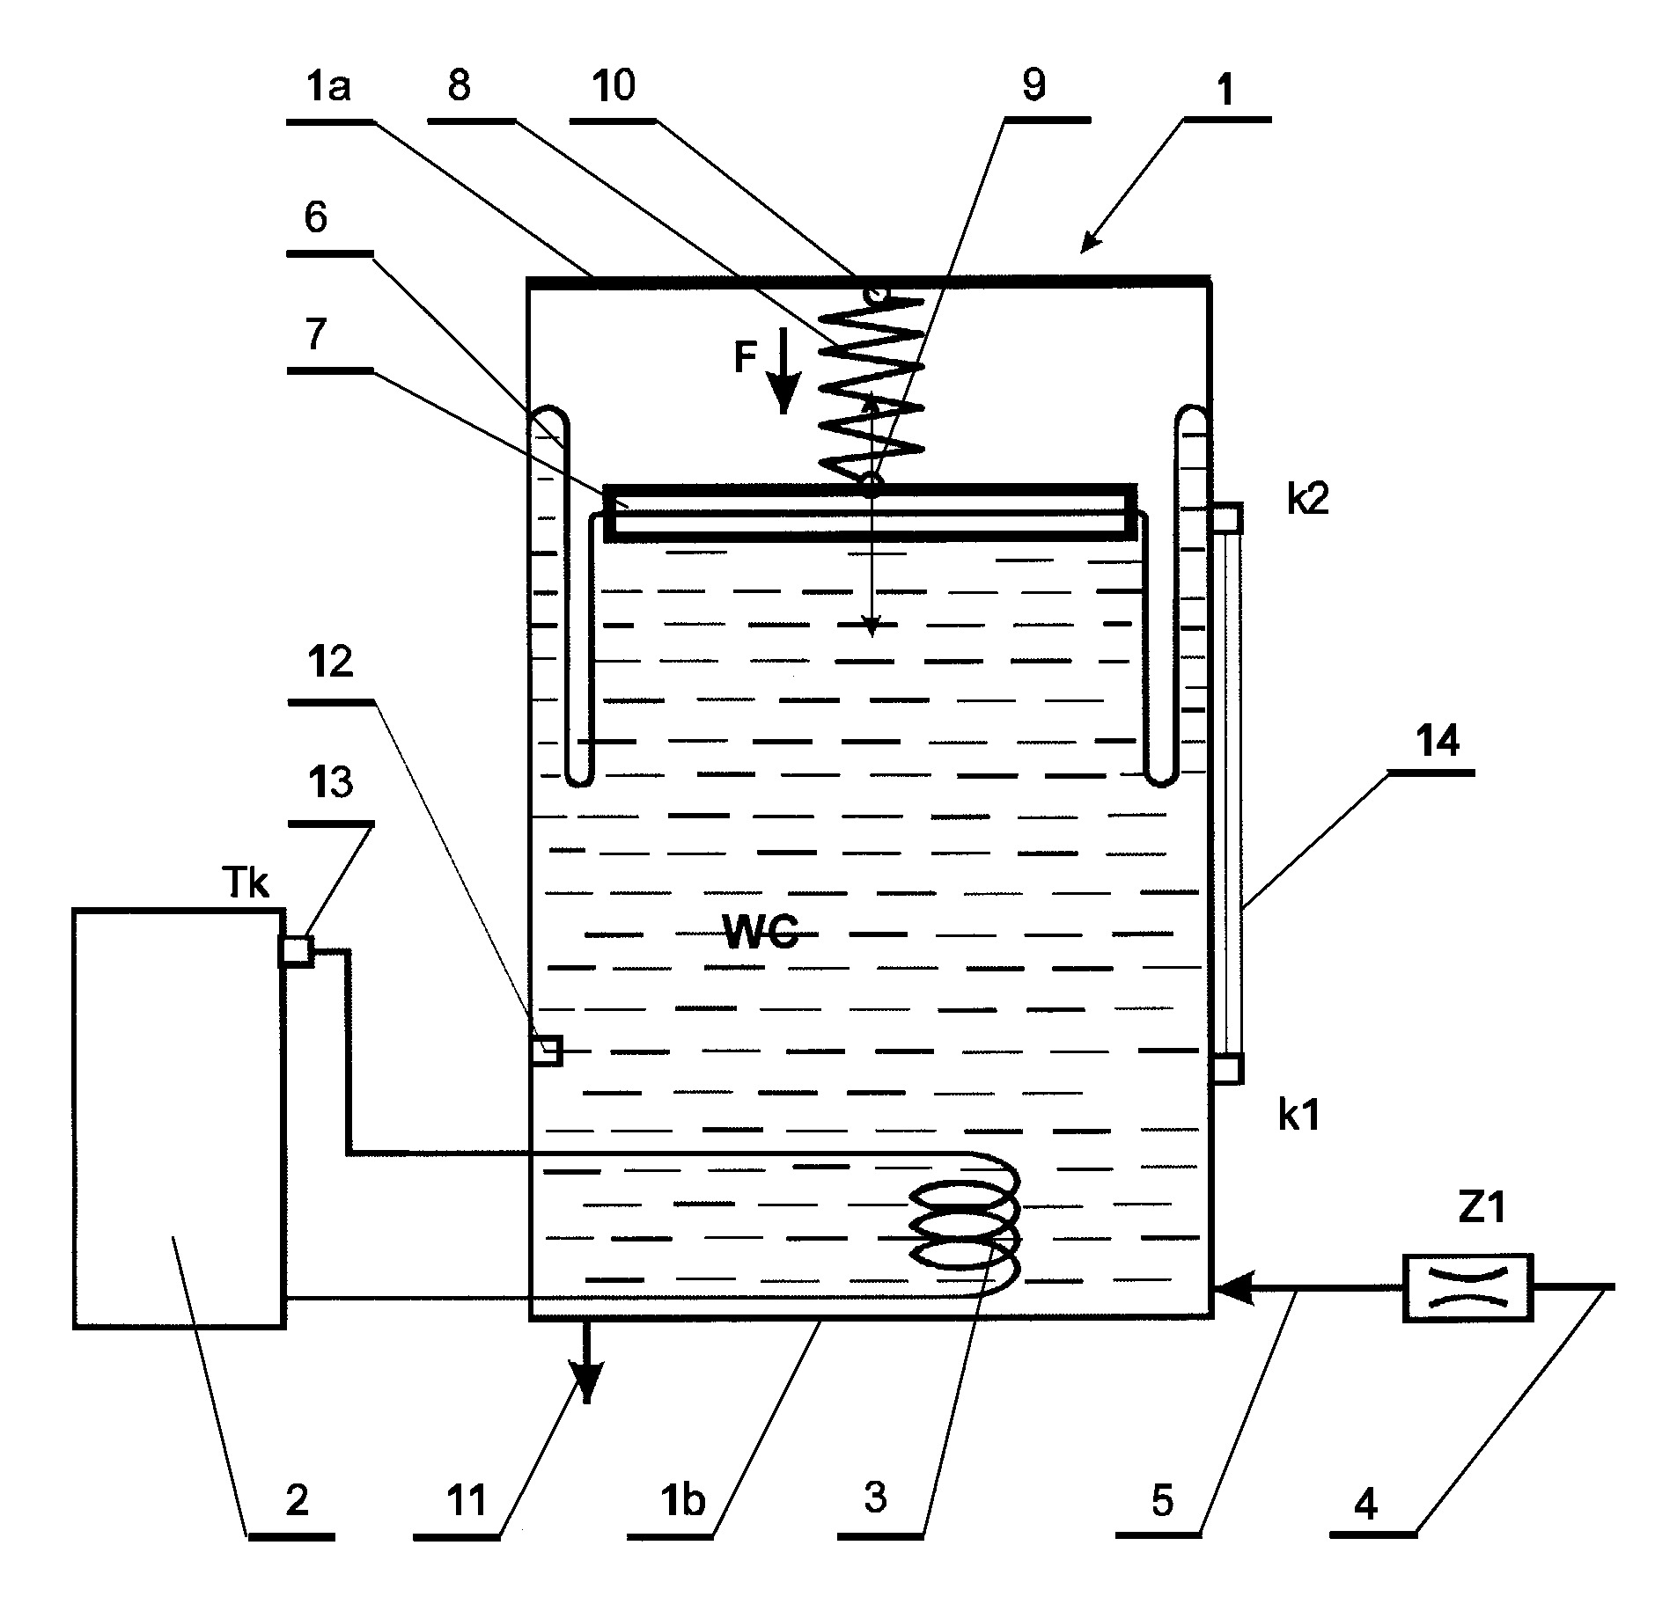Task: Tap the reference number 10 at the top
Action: coord(614,86)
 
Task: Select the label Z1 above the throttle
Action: coord(1482,1210)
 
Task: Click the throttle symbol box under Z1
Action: coord(1467,1287)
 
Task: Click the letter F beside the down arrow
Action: coord(746,359)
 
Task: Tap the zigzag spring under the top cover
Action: coord(872,388)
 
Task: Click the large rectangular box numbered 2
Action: coord(179,1118)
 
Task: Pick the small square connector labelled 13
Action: coord(296,951)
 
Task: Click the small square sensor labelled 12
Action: coord(546,1050)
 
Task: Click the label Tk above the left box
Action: coord(246,884)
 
